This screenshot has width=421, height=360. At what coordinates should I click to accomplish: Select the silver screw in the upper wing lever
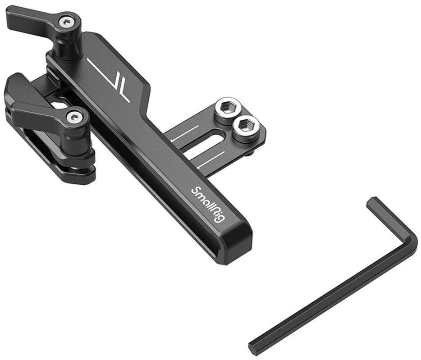[67, 23]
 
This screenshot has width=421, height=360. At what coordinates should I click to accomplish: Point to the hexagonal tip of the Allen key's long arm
[254, 347]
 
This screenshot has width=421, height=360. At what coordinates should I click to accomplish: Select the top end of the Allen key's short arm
[372, 203]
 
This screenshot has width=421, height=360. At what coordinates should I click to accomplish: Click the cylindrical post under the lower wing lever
[79, 140]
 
